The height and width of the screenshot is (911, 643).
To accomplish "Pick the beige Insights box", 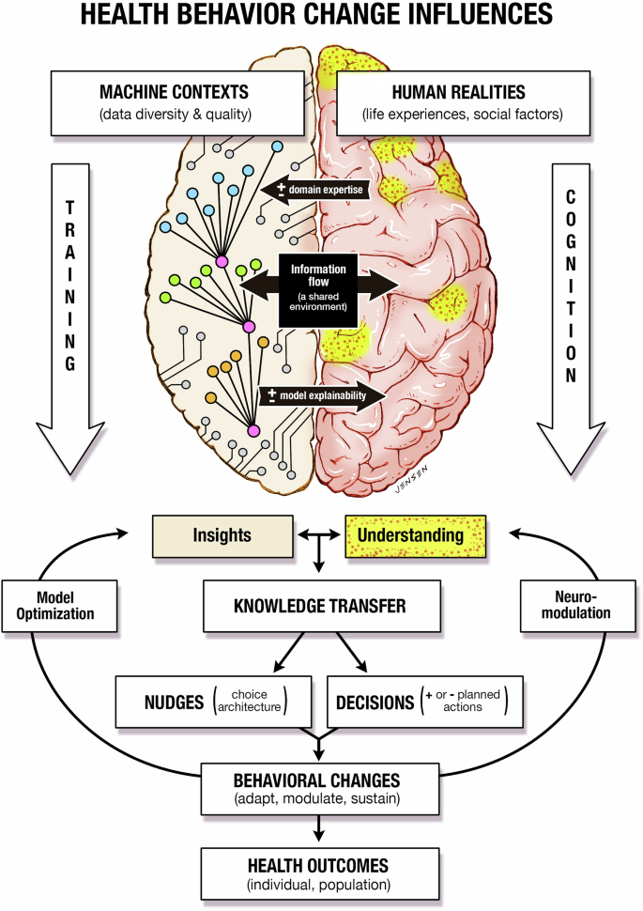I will pyautogui.click(x=222, y=535).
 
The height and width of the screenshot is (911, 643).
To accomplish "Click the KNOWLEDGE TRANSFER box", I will pyautogui.click(x=320, y=606).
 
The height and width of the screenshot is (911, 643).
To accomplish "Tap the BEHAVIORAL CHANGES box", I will pyautogui.click(x=320, y=787).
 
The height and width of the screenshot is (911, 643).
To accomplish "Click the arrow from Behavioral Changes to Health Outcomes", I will pyautogui.click(x=320, y=827).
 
